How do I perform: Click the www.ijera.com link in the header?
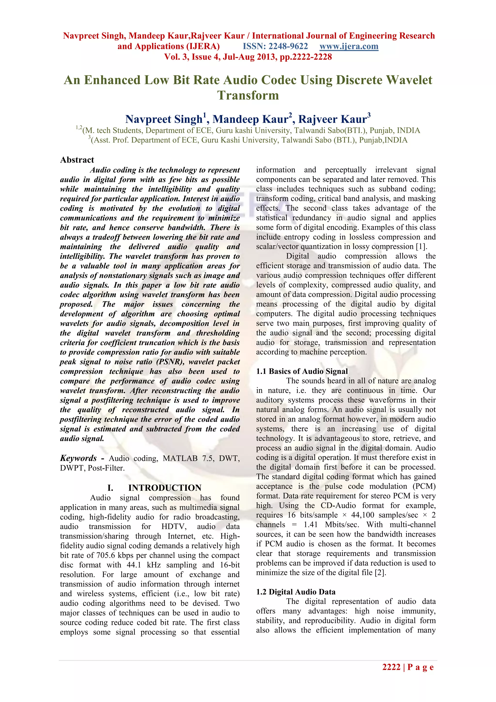point(349,47)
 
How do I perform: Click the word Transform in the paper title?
point(248,95)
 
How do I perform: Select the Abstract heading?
point(77,160)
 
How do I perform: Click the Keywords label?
point(78,458)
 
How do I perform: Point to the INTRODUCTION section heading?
point(165,488)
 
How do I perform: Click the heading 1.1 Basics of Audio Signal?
point(302,371)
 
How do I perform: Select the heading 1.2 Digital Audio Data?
point(296,592)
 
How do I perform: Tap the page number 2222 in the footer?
point(391,667)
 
